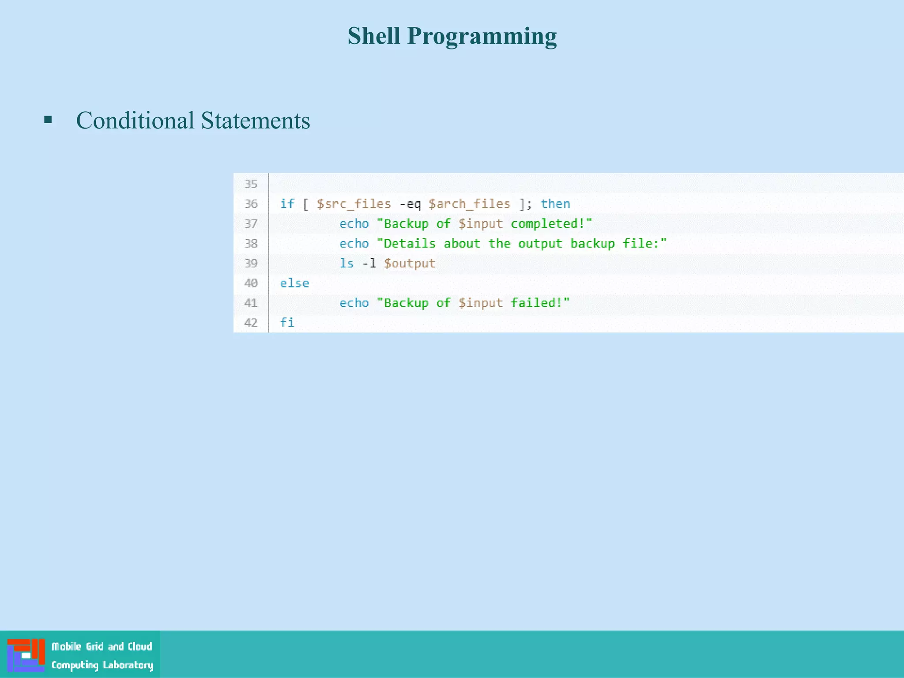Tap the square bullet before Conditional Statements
click(x=48, y=119)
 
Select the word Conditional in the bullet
click(x=135, y=121)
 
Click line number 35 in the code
click(x=251, y=184)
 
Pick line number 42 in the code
click(x=251, y=323)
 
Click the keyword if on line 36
click(x=287, y=204)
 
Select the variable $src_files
click(x=354, y=204)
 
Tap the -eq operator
click(x=410, y=204)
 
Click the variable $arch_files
click(x=469, y=204)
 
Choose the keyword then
click(x=555, y=204)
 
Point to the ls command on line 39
click(x=347, y=264)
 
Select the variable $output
click(x=410, y=264)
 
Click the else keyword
click(x=294, y=283)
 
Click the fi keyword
click(x=287, y=323)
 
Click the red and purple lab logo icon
click(x=26, y=655)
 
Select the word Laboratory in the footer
click(x=128, y=665)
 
